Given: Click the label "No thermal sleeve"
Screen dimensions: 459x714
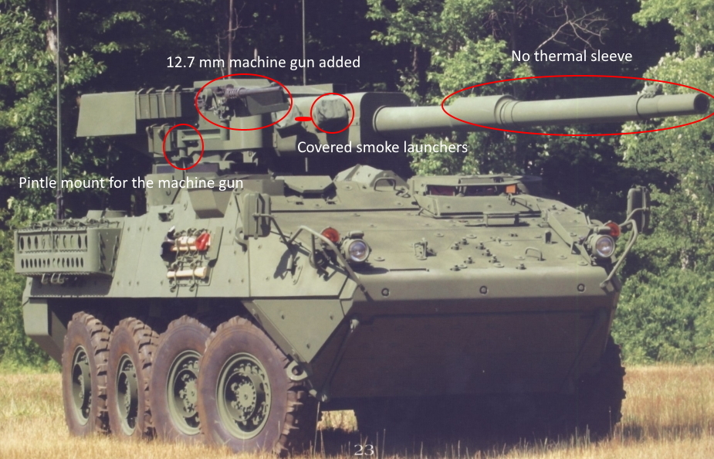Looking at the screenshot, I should (x=571, y=56).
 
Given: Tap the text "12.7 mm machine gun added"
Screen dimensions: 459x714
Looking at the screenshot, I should (x=263, y=62).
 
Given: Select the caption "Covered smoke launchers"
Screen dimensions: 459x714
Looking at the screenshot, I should (x=382, y=147).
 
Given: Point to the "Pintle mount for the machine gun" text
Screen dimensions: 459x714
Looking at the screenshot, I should (x=130, y=182).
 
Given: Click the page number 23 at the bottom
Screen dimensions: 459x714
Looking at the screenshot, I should (x=364, y=450).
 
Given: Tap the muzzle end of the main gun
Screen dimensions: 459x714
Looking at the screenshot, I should (x=701, y=104).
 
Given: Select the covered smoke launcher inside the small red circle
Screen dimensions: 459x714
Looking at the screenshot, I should (x=332, y=113).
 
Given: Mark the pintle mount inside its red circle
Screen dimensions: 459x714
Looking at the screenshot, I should (x=184, y=146).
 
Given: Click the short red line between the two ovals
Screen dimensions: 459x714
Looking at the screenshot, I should (x=303, y=119).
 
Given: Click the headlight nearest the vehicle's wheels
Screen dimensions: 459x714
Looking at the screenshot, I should (x=357, y=249).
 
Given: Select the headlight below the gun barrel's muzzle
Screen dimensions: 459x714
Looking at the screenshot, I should (x=604, y=245).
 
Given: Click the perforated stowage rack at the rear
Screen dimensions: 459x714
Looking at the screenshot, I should (x=66, y=248).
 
